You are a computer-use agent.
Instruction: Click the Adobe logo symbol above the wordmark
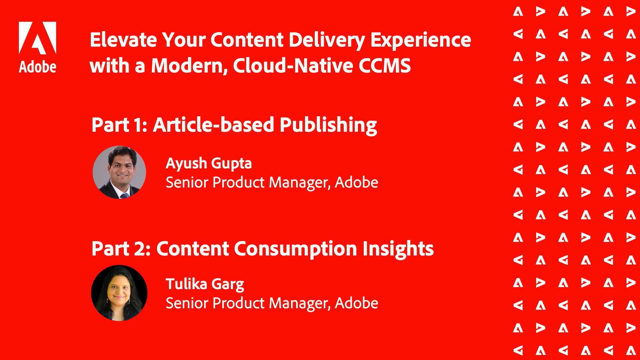click(38, 38)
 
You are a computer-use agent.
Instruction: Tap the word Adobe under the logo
click(38, 67)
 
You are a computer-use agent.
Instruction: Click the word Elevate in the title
click(124, 40)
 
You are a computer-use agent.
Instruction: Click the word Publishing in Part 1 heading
click(328, 125)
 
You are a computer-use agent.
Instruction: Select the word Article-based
click(214, 125)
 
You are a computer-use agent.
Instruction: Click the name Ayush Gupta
click(209, 164)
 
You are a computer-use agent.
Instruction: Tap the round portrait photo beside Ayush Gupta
click(119, 172)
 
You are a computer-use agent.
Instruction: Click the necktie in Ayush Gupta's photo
click(125, 196)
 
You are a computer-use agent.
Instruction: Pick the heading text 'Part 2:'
click(121, 248)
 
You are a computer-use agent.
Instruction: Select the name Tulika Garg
click(205, 284)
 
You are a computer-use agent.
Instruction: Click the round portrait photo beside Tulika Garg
click(119, 293)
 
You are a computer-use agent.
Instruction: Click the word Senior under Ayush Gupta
click(187, 183)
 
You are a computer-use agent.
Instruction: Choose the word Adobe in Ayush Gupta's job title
click(356, 182)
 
